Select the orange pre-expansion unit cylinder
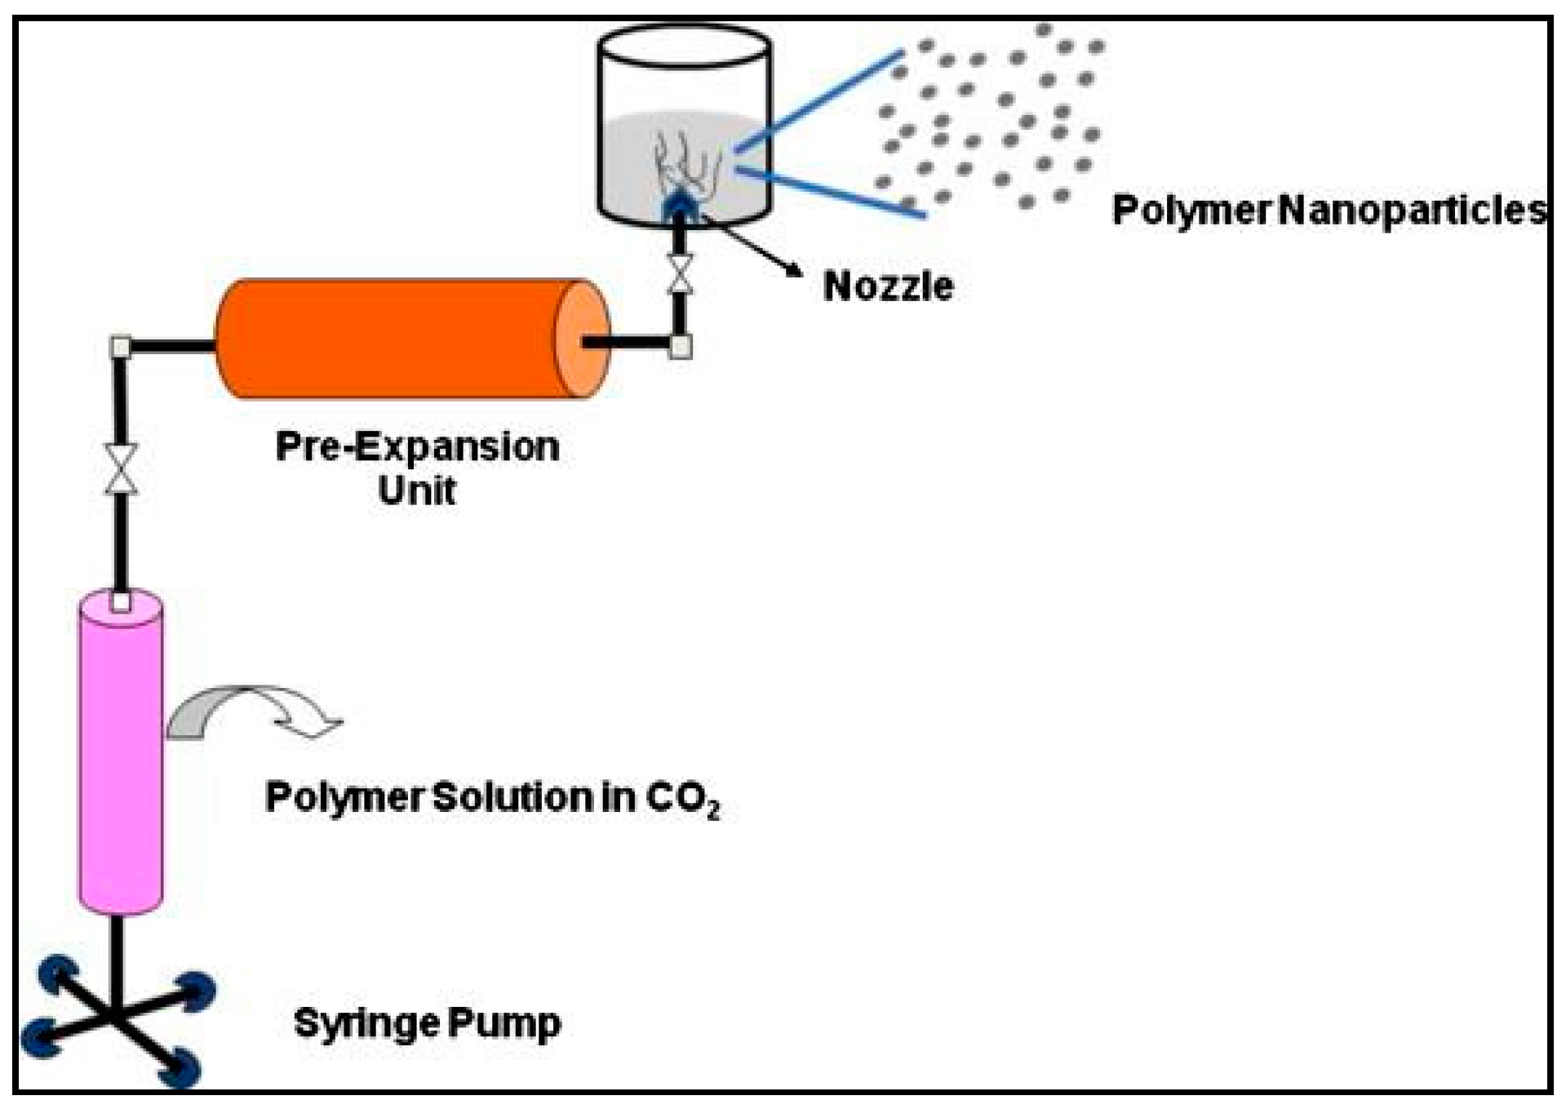click(x=392, y=339)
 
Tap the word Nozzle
click(x=888, y=286)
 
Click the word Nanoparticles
click(x=1412, y=210)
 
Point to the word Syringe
click(x=367, y=1022)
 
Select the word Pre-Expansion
click(x=417, y=447)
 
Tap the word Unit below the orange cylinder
click(x=417, y=490)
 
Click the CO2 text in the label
click(x=682, y=798)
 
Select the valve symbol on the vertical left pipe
click(x=121, y=469)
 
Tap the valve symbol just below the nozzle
click(x=679, y=273)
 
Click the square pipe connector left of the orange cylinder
click(x=121, y=347)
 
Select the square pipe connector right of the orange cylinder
click(x=681, y=347)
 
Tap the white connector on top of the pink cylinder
click(x=121, y=602)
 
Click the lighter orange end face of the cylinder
click(x=581, y=339)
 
